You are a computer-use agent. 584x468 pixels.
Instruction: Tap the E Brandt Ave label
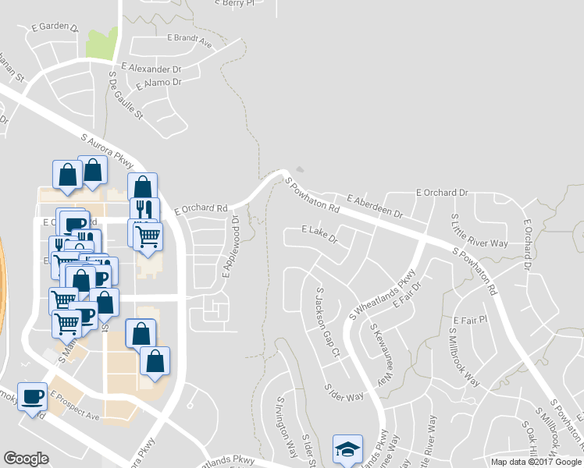click(x=190, y=41)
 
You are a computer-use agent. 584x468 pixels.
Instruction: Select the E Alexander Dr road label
click(x=150, y=68)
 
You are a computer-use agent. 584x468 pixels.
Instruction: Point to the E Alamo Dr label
click(x=158, y=83)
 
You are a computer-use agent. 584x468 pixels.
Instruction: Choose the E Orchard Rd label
click(x=201, y=209)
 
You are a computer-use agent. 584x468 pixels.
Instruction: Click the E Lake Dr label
click(x=319, y=233)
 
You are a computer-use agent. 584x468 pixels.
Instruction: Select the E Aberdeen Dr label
click(x=375, y=207)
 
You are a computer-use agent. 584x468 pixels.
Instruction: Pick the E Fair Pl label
click(x=470, y=320)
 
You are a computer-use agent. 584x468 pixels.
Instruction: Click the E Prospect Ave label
click(x=75, y=406)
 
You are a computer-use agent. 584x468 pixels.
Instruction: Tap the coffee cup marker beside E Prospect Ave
click(x=32, y=397)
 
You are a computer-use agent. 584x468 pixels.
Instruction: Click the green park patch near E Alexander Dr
click(x=101, y=45)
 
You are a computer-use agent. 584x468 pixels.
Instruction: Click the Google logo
click(x=26, y=458)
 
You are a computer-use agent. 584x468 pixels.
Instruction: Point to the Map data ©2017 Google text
click(x=536, y=462)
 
